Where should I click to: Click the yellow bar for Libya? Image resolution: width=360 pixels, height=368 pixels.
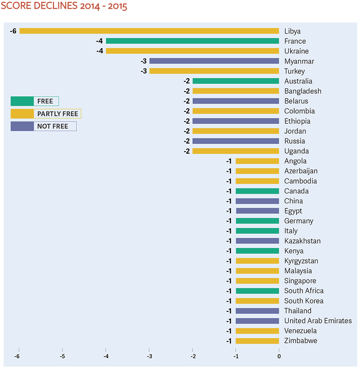[x=149, y=31]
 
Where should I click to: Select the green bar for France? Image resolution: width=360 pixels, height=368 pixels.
[x=192, y=41]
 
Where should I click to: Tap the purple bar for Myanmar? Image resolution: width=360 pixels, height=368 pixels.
[x=214, y=61]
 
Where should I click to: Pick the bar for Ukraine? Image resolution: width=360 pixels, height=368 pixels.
[x=192, y=51]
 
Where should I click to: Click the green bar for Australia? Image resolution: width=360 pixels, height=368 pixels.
[x=236, y=81]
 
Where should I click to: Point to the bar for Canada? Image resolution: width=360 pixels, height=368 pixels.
[x=257, y=191]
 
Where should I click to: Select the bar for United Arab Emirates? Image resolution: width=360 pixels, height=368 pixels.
[x=257, y=321]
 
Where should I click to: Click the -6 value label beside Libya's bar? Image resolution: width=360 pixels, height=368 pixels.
[x=13, y=31]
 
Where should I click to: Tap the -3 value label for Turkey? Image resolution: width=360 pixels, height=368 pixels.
[x=143, y=71]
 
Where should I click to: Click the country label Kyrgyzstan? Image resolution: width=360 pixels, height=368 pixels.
[x=302, y=261]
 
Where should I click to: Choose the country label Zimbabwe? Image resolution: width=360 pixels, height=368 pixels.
[x=301, y=341]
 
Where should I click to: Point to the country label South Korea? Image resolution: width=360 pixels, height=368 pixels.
[x=303, y=301]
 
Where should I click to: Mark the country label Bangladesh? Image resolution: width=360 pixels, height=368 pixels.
[x=302, y=91]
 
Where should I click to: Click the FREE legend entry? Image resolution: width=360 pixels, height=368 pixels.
[x=35, y=101]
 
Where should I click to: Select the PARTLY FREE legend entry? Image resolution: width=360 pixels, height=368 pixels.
[x=46, y=114]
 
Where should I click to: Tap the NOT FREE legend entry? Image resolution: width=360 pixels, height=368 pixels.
[x=43, y=126]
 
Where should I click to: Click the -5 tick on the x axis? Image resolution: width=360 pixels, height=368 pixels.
[x=62, y=356]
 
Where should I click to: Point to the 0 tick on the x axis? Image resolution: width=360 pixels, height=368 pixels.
[x=279, y=356]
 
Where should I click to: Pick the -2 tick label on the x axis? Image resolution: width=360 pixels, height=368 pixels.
[x=192, y=356]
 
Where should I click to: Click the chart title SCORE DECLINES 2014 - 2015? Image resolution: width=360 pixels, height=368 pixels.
[x=64, y=7]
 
